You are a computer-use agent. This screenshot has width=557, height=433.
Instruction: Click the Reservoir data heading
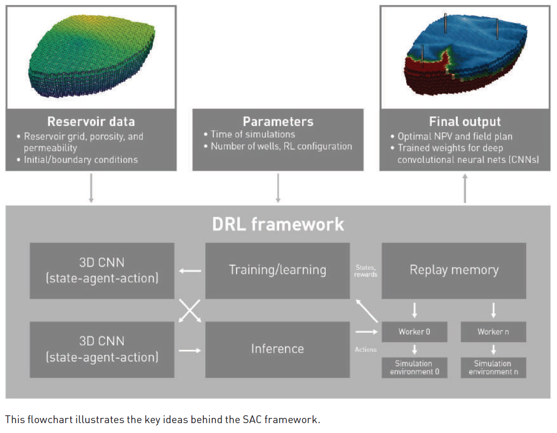(91, 122)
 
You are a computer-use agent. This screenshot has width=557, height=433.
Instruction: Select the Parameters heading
(278, 122)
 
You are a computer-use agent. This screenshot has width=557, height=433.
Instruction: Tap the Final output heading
(465, 122)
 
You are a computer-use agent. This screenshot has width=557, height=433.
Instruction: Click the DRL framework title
(278, 224)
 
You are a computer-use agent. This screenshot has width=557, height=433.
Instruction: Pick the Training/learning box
(277, 270)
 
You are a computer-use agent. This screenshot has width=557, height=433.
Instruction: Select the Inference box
(277, 349)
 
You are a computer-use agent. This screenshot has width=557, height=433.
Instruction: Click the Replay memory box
(454, 270)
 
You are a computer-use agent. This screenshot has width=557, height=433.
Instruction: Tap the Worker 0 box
(414, 332)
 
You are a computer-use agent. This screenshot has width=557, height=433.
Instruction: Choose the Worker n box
(493, 332)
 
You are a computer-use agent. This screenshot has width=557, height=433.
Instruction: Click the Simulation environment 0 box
(414, 367)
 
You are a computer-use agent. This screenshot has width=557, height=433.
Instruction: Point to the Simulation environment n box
(493, 367)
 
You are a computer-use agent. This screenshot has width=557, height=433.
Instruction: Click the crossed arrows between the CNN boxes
(190, 310)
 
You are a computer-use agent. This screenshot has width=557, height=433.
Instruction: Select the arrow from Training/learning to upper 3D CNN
(190, 271)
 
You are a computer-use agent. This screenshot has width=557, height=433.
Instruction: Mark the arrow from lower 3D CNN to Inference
(190, 350)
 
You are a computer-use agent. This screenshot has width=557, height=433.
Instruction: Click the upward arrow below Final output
(465, 188)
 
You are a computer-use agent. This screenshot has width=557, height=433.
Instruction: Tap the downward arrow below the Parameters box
(278, 188)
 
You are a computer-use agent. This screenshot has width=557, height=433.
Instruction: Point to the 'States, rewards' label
(366, 271)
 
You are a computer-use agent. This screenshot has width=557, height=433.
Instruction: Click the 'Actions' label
(366, 349)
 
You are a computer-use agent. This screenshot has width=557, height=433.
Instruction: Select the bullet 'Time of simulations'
(253, 134)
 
